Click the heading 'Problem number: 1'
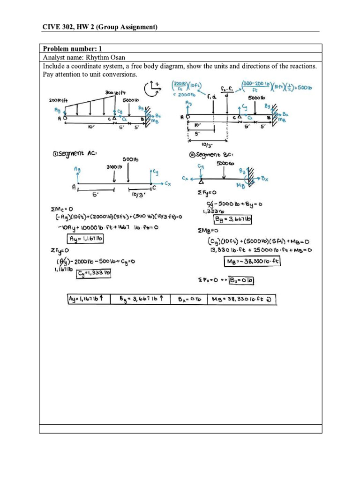[72, 49]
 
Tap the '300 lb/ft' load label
[117, 93]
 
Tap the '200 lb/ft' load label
[60, 100]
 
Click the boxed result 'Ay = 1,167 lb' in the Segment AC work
[86, 239]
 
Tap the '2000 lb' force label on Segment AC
[114, 167]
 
